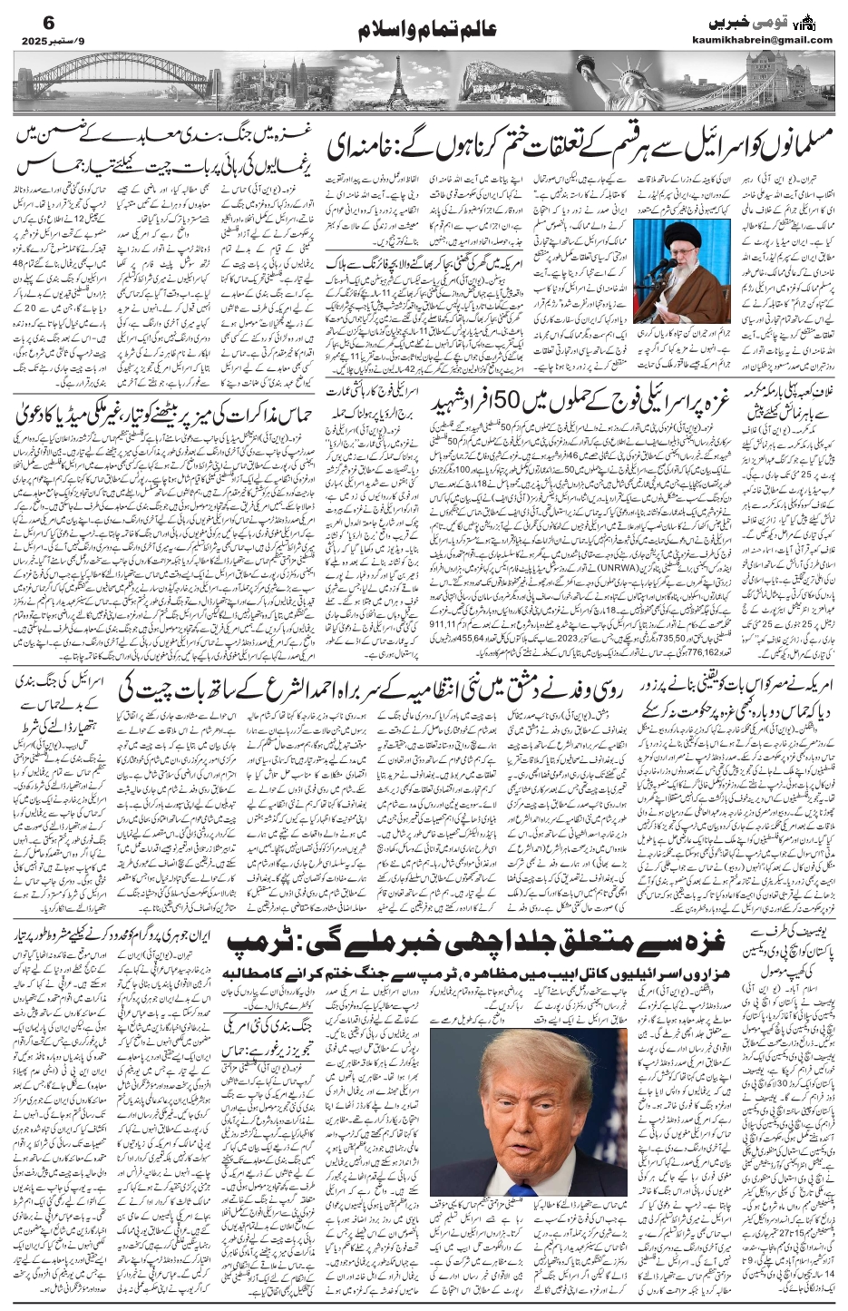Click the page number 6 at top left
click(x=25, y=21)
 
